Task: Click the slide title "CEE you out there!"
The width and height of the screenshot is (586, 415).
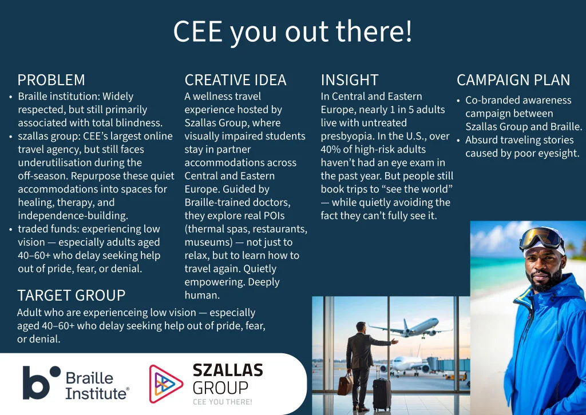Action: [x=292, y=31]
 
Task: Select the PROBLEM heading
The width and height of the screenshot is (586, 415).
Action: [x=51, y=80]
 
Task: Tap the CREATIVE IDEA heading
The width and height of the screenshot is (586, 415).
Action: [x=235, y=80]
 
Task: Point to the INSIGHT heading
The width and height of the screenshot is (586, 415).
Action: [x=350, y=80]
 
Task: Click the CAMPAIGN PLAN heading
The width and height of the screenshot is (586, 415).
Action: [x=513, y=80]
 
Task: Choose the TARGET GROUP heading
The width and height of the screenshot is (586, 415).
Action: [x=72, y=295]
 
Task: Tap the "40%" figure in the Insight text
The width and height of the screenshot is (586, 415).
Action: [x=330, y=149]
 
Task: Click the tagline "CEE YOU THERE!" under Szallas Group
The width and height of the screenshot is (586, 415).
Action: [x=223, y=402]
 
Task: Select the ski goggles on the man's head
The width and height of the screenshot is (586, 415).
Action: [x=541, y=238]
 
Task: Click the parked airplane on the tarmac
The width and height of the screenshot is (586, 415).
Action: [x=409, y=365]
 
